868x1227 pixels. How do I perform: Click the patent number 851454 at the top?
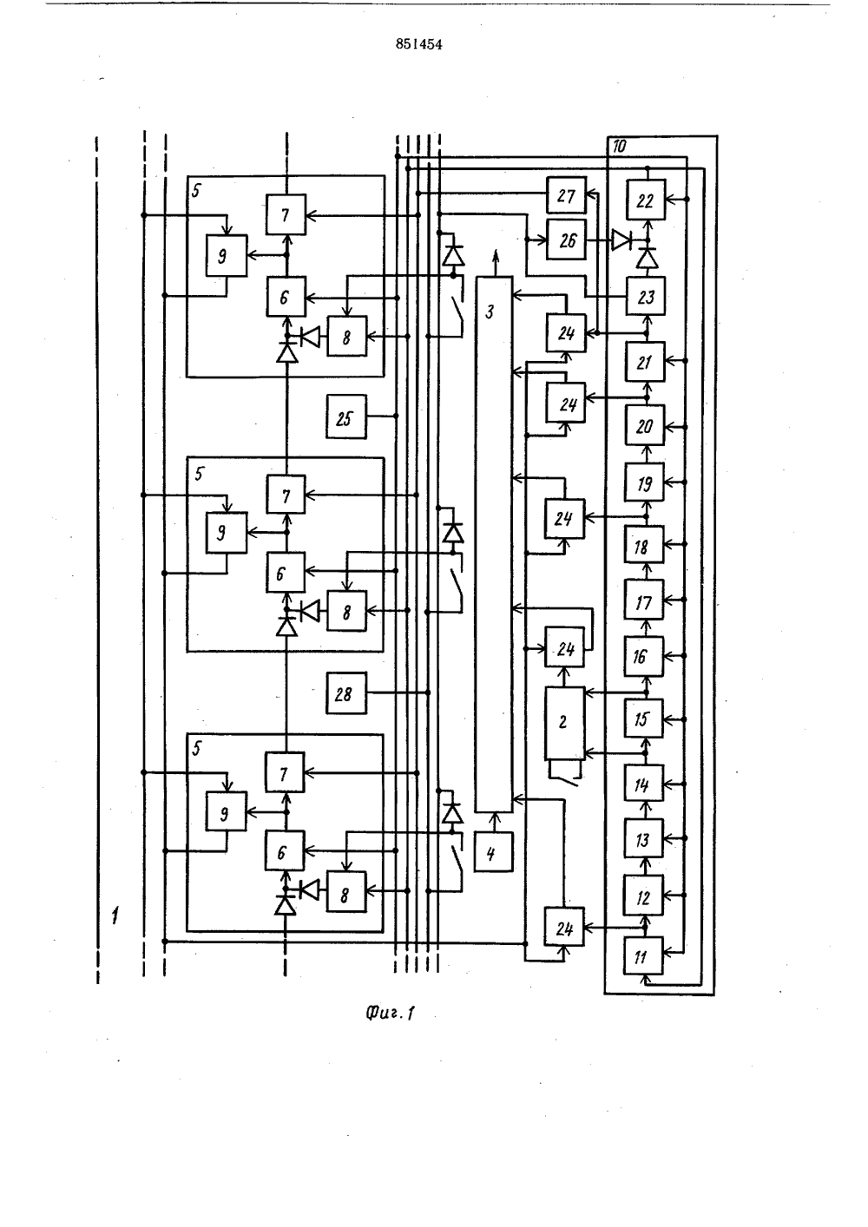418,44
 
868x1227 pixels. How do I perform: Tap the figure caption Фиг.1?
390,1013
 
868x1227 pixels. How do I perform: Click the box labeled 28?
346,693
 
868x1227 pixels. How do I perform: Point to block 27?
566,195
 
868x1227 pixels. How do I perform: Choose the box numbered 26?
566,239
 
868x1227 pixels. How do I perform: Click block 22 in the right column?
646,200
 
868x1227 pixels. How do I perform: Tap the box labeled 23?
646,296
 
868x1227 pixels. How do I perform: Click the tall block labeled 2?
565,723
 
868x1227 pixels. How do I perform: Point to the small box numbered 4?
494,852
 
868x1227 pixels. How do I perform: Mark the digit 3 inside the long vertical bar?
490,312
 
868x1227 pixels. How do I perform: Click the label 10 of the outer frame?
619,147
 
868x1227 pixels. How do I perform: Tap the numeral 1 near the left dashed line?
115,915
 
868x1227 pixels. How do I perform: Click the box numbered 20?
645,425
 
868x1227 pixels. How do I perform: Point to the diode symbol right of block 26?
622,239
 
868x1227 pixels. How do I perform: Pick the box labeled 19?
644,482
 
